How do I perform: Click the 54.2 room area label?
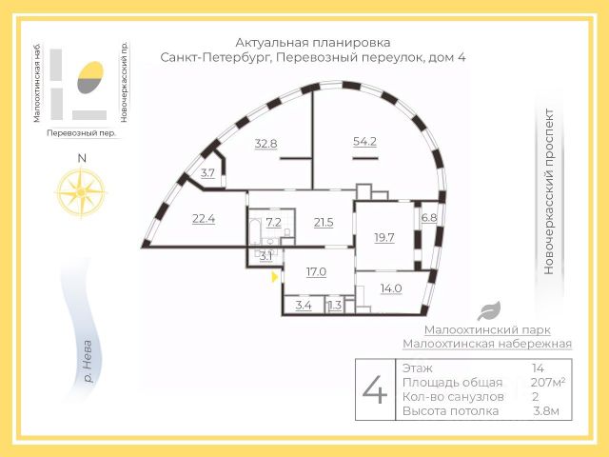tap(364, 142)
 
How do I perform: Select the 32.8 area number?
tap(266, 144)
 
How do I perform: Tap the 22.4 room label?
tap(204, 219)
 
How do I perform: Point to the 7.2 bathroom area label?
tap(273, 223)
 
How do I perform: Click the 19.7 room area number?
tap(384, 237)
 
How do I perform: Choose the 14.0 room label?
tap(391, 288)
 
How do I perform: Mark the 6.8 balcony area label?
tap(429, 218)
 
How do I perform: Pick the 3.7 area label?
tap(207, 173)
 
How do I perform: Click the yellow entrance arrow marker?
tap(275, 277)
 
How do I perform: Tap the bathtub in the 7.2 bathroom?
tap(255, 229)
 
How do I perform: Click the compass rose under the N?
tap(81, 192)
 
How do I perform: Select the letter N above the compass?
tap(82, 159)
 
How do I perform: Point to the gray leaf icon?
tap(489, 311)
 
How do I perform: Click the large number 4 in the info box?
tap(375, 389)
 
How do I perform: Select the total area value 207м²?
tap(548, 383)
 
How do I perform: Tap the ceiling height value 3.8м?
tap(546, 411)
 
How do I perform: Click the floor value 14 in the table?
tap(538, 368)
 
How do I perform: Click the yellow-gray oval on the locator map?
tap(90, 77)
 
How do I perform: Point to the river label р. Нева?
tap(88, 362)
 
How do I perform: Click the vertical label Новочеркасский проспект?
tap(548, 191)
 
